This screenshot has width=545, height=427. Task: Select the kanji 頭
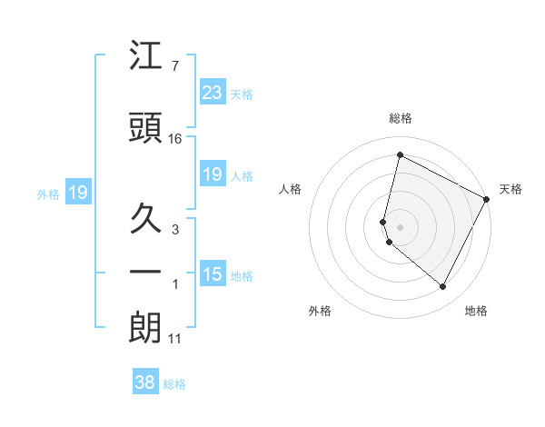[145, 128]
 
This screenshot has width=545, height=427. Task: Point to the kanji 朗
[145, 328]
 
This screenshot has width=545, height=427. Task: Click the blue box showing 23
[212, 92]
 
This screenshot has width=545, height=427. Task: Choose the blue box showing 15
[212, 274]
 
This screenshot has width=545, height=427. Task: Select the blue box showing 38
[144, 382]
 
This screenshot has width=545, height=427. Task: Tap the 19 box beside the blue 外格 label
[77, 193]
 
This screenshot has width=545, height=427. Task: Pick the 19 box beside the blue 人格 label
[212, 174]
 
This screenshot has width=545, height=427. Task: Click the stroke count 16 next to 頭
[175, 139]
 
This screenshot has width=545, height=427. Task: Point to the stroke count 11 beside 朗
[175, 340]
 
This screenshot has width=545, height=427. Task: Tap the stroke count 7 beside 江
[174, 66]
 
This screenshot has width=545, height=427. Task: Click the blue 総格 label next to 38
[174, 384]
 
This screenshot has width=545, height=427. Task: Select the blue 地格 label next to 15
[242, 276]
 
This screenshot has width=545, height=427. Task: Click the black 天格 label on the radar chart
[510, 189]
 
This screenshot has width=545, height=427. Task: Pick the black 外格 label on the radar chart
[320, 311]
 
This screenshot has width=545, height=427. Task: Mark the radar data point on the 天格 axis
[487, 199]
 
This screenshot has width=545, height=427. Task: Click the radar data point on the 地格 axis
[442, 286]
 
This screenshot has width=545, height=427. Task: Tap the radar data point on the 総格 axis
[400, 155]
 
